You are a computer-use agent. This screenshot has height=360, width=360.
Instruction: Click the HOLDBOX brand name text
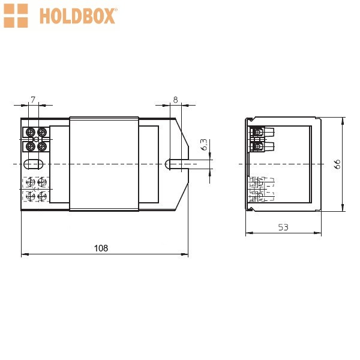point(77,16)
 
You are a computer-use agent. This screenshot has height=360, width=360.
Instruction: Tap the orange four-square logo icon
point(16,16)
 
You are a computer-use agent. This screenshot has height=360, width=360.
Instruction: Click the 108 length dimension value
point(101,248)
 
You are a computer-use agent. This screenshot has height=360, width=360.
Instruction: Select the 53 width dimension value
point(283,227)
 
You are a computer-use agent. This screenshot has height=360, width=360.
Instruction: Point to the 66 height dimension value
point(337,164)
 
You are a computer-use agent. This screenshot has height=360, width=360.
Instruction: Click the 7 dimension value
point(33,100)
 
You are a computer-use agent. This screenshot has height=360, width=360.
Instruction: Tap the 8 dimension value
point(175,100)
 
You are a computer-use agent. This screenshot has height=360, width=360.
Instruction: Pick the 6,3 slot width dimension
point(204,145)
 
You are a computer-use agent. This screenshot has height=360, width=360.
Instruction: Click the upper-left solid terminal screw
point(31,132)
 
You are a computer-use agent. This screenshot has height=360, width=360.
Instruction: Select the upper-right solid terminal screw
point(42,132)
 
